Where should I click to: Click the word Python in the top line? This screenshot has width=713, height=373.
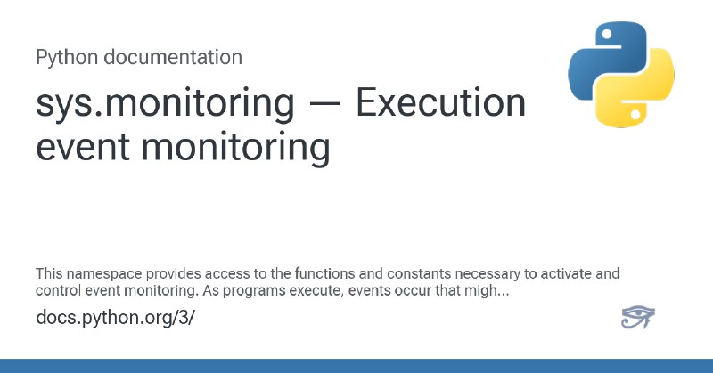tap(67, 58)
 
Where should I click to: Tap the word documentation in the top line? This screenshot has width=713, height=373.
tap(173, 57)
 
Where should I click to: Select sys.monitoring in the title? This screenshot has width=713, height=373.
tap(165, 104)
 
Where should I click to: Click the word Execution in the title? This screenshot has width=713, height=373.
tap(440, 102)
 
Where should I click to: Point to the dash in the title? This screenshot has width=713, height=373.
tap(324, 104)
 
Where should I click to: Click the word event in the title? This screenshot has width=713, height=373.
tap(83, 147)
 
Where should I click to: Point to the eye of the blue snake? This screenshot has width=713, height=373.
tap(606, 34)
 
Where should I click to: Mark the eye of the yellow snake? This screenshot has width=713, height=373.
tap(635, 115)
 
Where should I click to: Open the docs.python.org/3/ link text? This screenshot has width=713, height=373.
tap(115, 318)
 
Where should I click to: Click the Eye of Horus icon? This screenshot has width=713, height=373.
tap(638, 317)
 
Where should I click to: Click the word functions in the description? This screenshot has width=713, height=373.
tap(324, 273)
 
